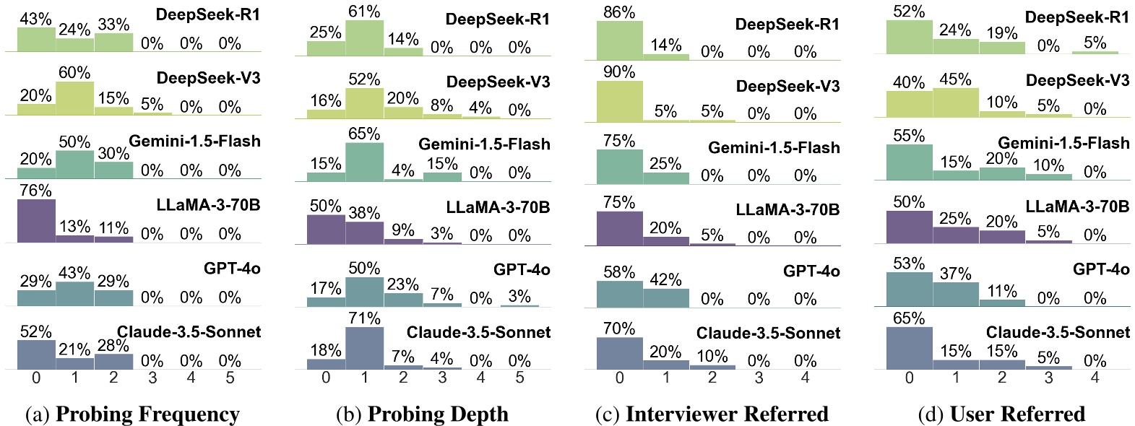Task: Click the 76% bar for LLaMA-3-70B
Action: (36, 220)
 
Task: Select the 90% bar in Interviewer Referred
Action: (619, 101)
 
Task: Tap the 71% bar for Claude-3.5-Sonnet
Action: (364, 348)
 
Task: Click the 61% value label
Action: (364, 12)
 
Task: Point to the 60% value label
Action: (74, 73)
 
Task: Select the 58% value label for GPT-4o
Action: (619, 272)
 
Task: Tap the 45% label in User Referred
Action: (955, 79)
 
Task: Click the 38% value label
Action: (364, 213)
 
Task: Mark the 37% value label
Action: (955, 274)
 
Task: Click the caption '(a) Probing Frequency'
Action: (132, 414)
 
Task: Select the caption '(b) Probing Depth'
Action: (423, 414)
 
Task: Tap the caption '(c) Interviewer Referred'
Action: (712, 414)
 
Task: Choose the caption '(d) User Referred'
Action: (1001, 414)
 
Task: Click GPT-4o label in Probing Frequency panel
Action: (232, 269)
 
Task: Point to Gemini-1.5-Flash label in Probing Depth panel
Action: (484, 144)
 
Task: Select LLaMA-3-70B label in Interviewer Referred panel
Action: (787, 209)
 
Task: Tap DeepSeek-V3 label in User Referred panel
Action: (1077, 80)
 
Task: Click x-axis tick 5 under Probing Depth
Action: (519, 378)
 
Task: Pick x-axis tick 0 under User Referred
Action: (909, 378)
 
